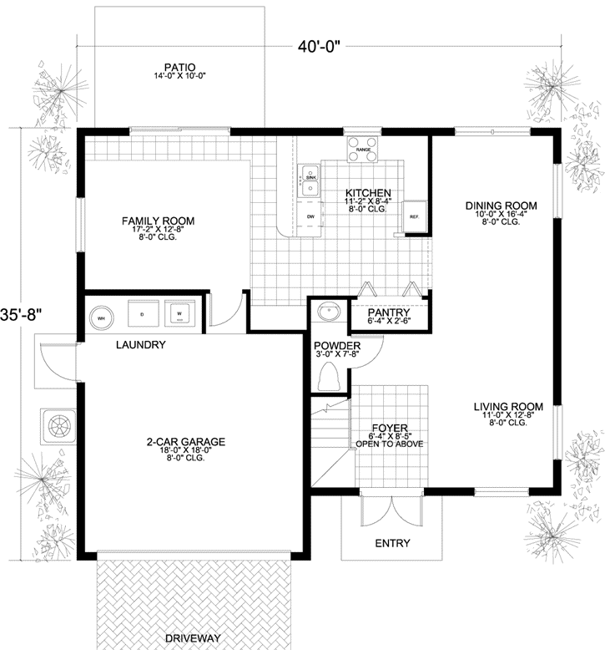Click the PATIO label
[179, 67]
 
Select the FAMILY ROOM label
[158, 221]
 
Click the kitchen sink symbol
[310, 182]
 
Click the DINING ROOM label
[501, 206]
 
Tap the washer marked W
[179, 315]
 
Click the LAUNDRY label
[141, 344]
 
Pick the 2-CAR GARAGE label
[184, 442]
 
